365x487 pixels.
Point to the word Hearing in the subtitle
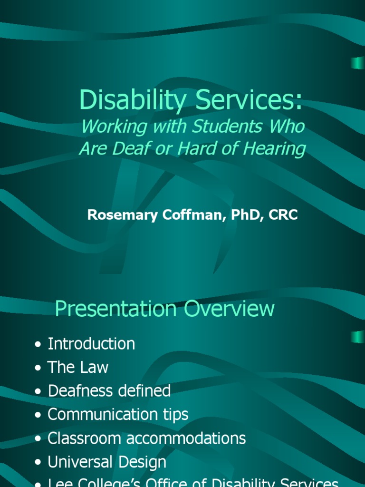tap(276, 149)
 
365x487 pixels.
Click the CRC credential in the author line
tap(283, 215)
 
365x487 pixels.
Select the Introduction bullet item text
tap(91, 344)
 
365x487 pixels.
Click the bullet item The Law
tap(78, 367)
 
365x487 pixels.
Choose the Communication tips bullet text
tap(118, 414)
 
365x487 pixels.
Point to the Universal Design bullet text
tap(107, 462)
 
